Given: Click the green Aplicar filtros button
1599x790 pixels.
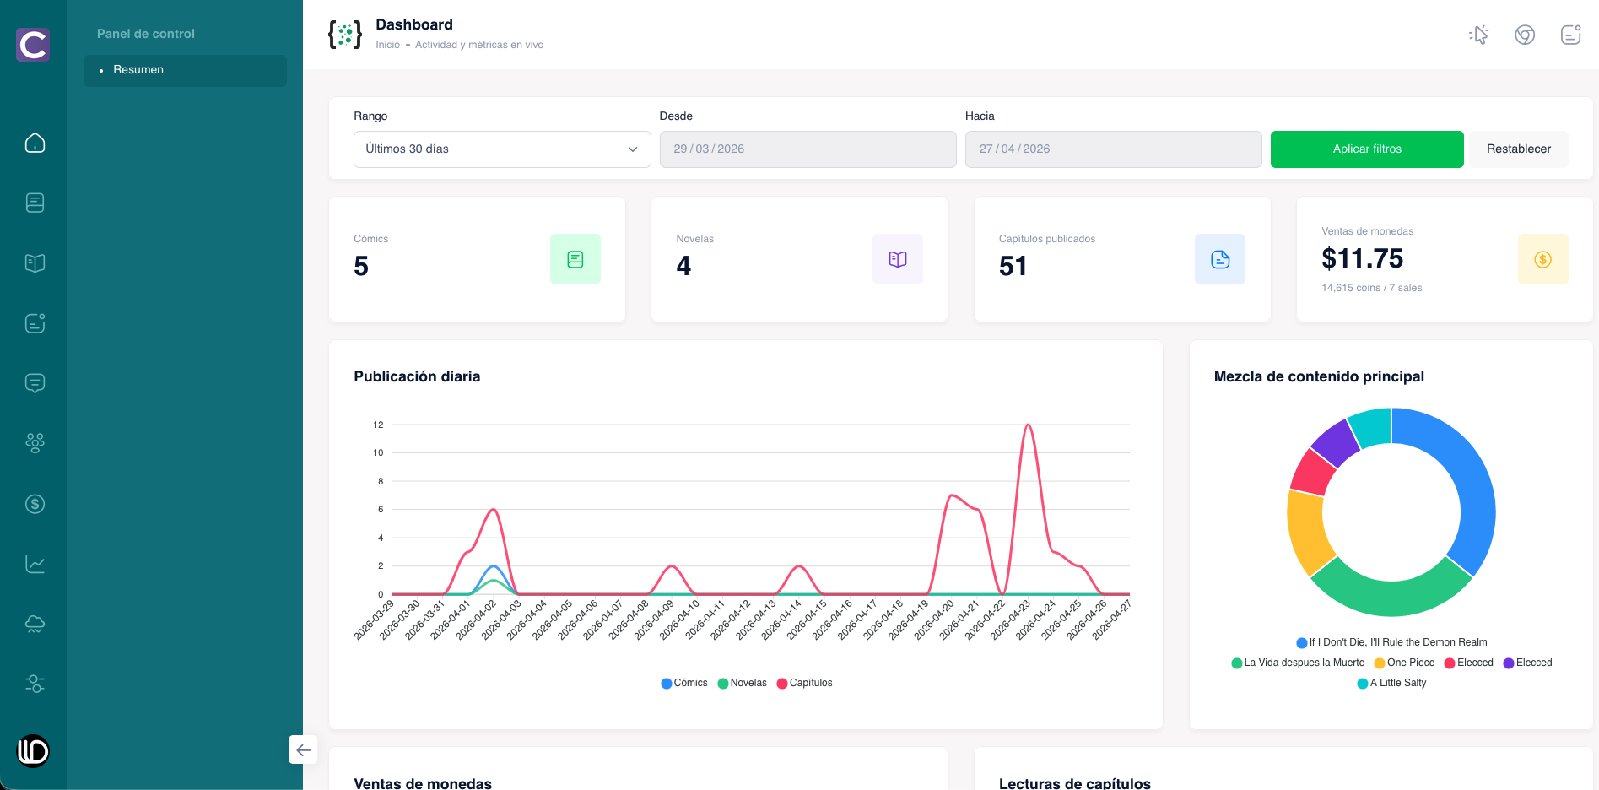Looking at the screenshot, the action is [x=1367, y=149].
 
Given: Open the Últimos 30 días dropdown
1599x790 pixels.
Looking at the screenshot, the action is [x=502, y=149].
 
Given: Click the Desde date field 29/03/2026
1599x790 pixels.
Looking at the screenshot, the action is [x=808, y=149].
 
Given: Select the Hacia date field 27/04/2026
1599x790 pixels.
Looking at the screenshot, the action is [x=1113, y=149].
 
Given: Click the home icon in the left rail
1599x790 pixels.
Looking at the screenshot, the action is [x=35, y=143].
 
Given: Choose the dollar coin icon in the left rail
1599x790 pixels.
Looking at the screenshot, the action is [x=35, y=504].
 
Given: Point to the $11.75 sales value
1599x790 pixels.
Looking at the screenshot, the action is [x=1362, y=258].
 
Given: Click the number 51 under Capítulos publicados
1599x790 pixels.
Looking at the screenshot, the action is [x=1013, y=267].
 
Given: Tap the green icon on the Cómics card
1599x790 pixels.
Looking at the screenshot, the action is [x=575, y=259].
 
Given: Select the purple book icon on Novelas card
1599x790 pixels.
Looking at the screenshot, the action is [x=898, y=259].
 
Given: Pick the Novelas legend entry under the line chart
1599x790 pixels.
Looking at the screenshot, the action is [x=742, y=683].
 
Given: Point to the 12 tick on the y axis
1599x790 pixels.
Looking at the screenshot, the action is [x=378, y=425].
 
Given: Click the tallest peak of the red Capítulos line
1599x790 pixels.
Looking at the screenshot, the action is [x=1028, y=425].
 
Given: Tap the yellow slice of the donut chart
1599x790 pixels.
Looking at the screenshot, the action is [x=1305, y=532].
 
